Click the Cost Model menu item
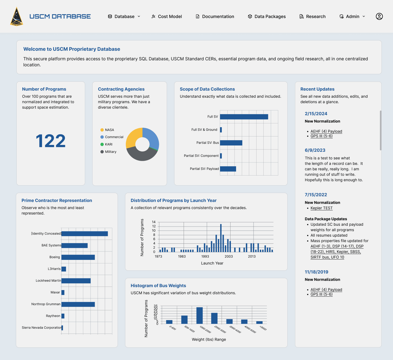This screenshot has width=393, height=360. pos(166,16)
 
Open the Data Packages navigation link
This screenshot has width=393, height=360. pos(267,16)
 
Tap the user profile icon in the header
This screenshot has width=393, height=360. pos(379,16)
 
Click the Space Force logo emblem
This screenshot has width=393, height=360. pos(17,16)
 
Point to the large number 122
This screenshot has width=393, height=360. pos(50,141)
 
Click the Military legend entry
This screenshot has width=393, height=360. pos(108,152)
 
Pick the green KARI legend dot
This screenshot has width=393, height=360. pos(102,144)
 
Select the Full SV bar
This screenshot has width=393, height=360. pos(244,117)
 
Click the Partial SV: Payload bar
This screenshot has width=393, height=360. pos(228,169)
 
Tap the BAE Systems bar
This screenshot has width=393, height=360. pos(75,246)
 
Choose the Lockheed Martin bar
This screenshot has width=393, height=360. pos(76,281)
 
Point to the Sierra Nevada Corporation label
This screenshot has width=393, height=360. pos(42,328)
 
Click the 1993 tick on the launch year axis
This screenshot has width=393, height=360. pos(205,256)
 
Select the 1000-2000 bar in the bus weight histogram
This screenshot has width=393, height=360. pos(200,316)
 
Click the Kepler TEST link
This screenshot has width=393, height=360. pos(321,208)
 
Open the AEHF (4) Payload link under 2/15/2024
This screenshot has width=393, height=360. pos(326,131)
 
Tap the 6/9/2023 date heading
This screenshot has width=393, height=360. pos(315,150)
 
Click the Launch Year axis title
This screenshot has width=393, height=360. pos(212,263)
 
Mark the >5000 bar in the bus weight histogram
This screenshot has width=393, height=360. pos(259,322)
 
